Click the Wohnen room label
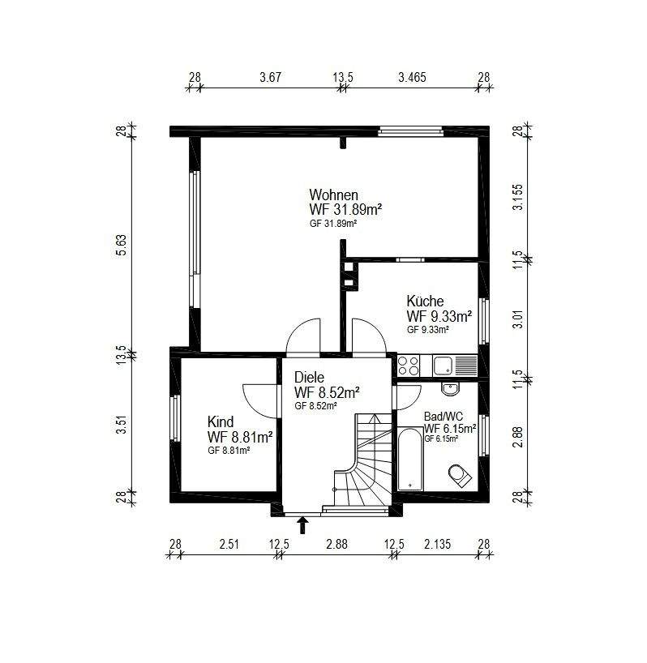tap(334, 195)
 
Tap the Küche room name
tap(425, 301)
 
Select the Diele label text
tap(309, 377)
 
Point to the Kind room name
tap(221, 421)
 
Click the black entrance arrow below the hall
tap(302, 525)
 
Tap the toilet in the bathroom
tap(460, 475)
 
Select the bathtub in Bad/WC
tap(409, 459)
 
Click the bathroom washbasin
tap(451, 388)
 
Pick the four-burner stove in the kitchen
tap(409, 366)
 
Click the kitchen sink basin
tap(443, 366)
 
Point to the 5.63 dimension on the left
tap(121, 246)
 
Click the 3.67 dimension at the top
tap(270, 77)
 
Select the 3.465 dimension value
tap(413, 77)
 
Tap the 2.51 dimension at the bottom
tap(229, 544)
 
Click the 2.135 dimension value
tap(438, 544)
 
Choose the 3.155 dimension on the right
tap(517, 197)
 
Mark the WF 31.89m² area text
tap(346, 209)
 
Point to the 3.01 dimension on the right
tap(517, 319)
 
